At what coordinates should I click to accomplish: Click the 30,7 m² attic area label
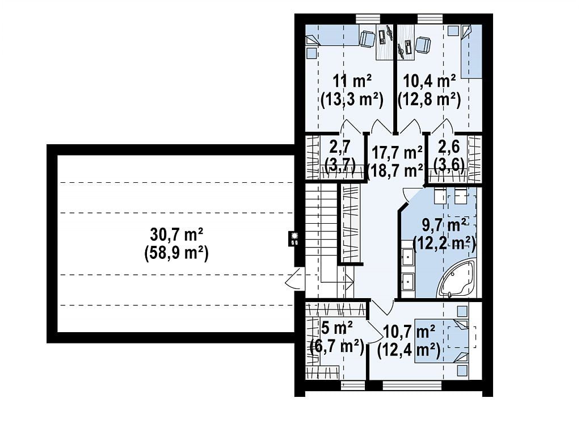(176, 234)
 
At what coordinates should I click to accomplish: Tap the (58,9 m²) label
(176, 254)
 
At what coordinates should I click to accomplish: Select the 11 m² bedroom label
(352, 81)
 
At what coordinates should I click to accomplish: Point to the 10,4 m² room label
(429, 81)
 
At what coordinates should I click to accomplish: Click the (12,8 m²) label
(429, 100)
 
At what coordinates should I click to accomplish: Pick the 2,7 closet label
(340, 146)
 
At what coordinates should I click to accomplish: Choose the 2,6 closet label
(449, 146)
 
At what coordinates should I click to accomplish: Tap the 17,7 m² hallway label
(397, 152)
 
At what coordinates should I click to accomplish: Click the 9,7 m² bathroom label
(444, 225)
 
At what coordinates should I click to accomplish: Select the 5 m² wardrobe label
(337, 328)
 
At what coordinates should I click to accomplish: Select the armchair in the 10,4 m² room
(423, 45)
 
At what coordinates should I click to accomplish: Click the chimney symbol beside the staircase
(295, 238)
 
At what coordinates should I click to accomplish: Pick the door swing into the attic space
(295, 279)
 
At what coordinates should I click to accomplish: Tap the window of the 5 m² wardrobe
(353, 386)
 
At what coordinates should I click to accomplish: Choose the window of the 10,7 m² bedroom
(412, 386)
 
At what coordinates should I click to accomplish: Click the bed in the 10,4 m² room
(471, 52)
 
